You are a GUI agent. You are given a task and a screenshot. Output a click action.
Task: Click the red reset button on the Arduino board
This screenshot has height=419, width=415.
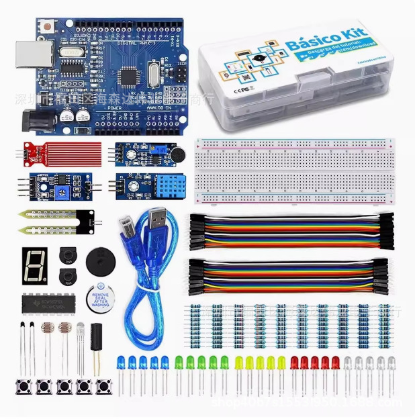pyautogui.click(x=49, y=27)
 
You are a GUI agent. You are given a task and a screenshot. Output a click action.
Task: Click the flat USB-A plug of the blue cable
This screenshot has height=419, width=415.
pyautogui.click(x=159, y=220)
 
